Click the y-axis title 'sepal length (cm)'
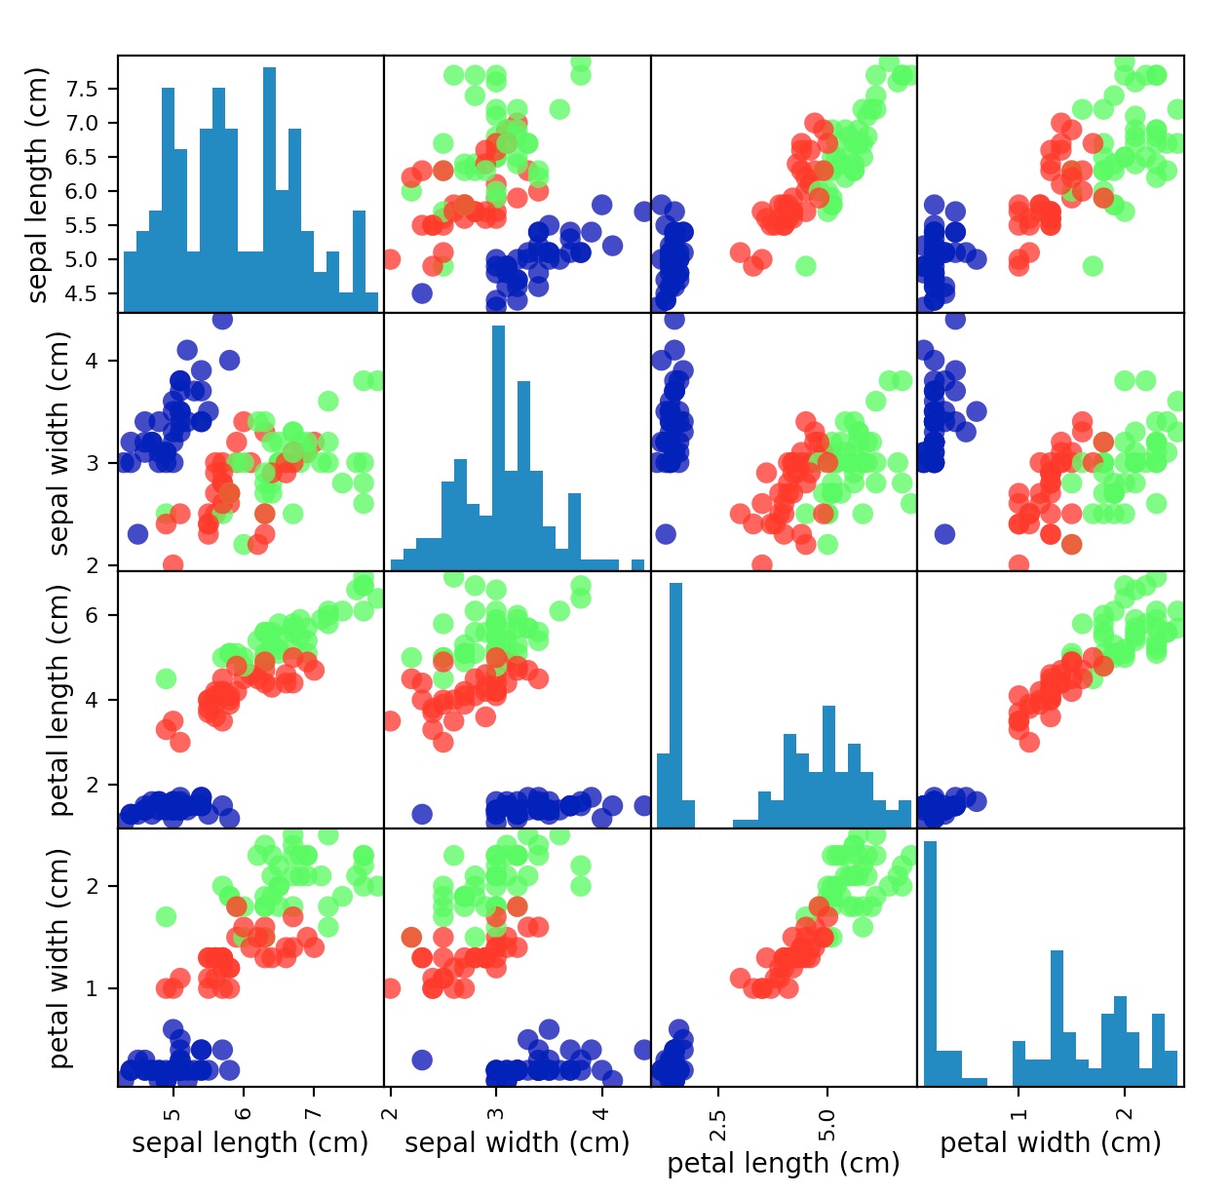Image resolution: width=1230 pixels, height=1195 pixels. [x=38, y=185]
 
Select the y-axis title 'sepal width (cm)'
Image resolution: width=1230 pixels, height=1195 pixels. [x=59, y=443]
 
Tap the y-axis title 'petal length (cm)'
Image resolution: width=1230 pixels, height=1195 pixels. [x=59, y=700]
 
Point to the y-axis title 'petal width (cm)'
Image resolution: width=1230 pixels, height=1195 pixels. [x=59, y=957]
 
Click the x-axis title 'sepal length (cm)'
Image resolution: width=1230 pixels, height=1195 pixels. [x=250, y=1142]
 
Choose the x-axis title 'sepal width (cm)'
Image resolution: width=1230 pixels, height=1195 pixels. [x=517, y=1142]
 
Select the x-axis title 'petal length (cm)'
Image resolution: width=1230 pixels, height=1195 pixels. [x=784, y=1163]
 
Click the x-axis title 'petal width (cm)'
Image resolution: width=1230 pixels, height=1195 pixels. [x=1051, y=1142]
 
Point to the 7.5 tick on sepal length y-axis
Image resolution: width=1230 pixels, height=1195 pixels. [x=82, y=89]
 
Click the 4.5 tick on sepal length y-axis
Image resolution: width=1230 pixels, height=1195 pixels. [x=82, y=293]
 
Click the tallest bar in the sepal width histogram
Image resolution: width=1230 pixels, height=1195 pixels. [x=498, y=448]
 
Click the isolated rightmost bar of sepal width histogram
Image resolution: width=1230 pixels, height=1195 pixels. [x=637, y=565]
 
